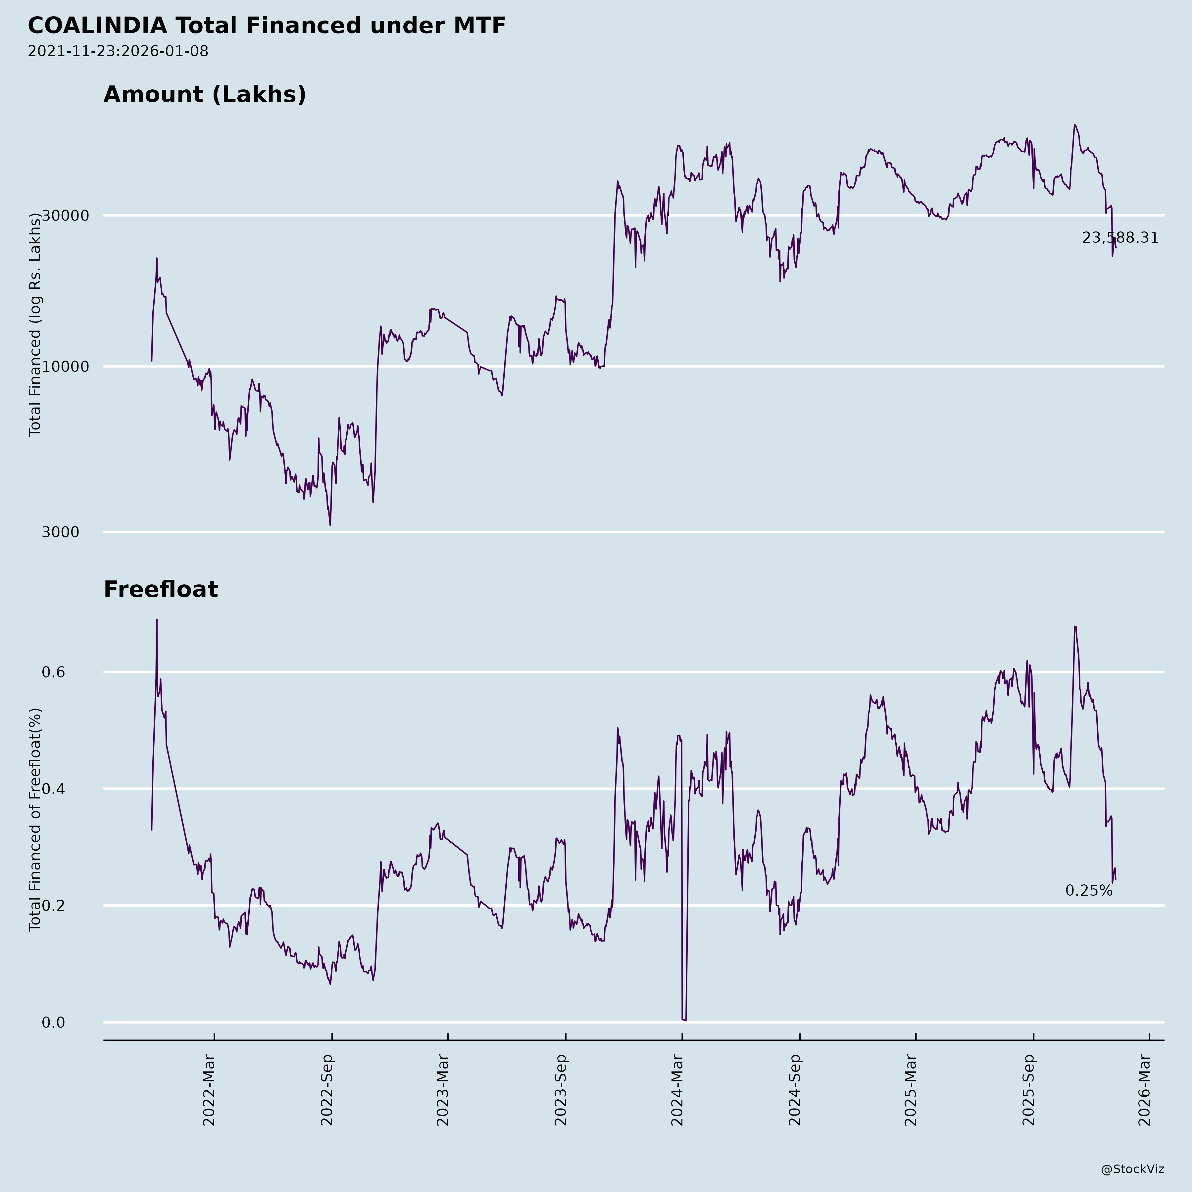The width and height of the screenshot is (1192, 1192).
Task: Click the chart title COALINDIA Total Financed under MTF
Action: pos(267,26)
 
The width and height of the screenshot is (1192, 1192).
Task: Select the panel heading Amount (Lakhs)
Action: pos(205,94)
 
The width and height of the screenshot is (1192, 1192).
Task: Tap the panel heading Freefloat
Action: pos(160,589)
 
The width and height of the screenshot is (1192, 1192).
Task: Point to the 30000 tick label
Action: pos(66,216)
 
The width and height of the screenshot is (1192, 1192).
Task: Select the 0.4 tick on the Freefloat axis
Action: pos(53,789)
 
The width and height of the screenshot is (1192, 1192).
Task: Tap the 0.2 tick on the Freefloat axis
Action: pos(53,906)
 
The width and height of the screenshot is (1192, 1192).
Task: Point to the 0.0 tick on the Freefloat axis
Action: pos(53,1023)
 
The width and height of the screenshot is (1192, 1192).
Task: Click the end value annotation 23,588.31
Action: pos(1120,238)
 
